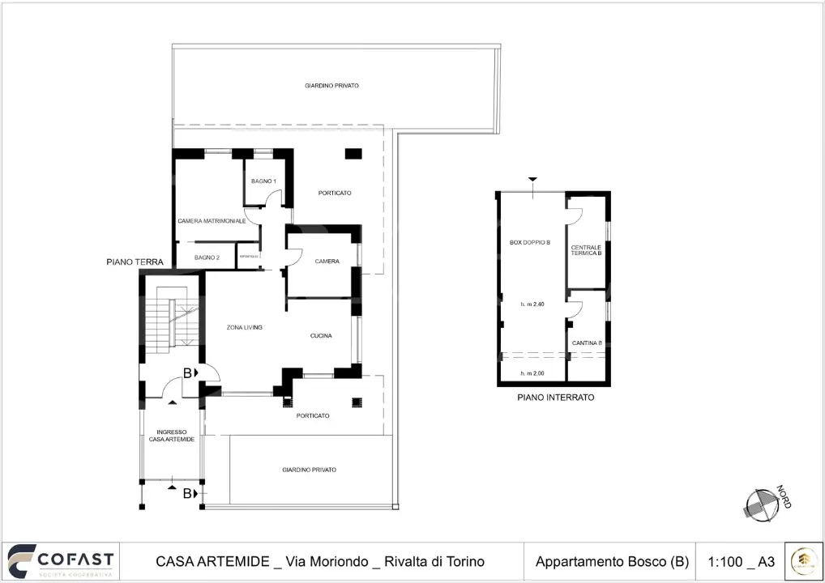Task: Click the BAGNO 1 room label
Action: (x=263, y=181)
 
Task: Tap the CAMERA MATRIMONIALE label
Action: (x=217, y=220)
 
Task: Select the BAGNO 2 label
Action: (x=207, y=257)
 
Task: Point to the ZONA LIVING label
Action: (x=244, y=327)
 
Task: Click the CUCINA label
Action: (x=321, y=336)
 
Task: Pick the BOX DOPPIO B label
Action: (x=530, y=242)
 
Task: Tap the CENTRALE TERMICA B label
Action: (x=587, y=250)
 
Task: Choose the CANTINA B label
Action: (x=587, y=343)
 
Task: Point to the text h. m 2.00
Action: (x=532, y=373)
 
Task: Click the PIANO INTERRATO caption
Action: (x=556, y=398)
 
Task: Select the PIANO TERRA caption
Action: (x=135, y=262)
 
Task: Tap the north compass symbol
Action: (x=762, y=505)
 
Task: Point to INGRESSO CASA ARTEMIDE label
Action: (x=172, y=436)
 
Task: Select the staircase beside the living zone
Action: (x=169, y=322)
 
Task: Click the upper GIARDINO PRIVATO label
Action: (x=331, y=85)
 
